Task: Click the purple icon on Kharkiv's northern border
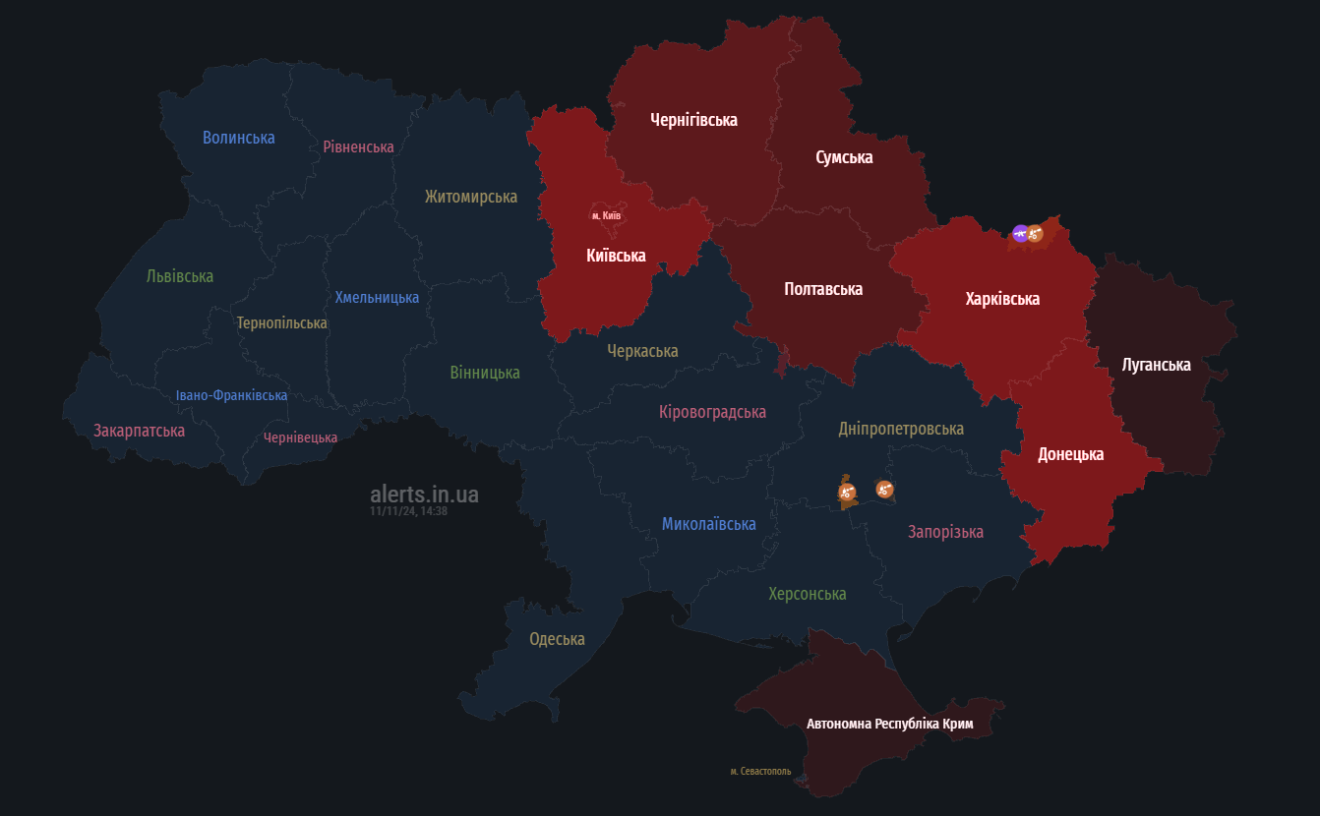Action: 1020,233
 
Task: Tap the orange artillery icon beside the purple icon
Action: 1035,234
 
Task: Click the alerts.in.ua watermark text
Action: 424,494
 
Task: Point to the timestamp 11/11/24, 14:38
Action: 408,511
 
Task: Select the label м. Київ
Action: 606,215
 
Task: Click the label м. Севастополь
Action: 760,772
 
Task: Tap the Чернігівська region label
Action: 693,120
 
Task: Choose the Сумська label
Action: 844,157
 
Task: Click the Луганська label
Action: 1156,365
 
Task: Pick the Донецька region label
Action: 1070,454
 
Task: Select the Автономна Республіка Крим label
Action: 889,724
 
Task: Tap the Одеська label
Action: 557,639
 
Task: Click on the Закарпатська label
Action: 139,431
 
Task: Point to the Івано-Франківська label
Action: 231,395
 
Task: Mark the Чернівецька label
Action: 300,437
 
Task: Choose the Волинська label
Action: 238,138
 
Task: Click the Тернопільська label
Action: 281,322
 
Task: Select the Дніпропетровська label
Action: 901,429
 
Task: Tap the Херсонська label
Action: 807,594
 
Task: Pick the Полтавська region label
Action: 823,289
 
